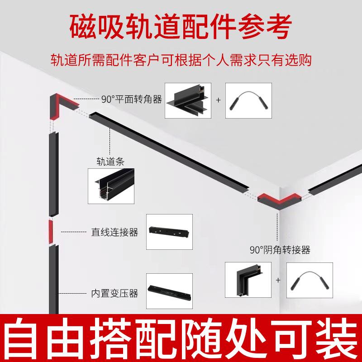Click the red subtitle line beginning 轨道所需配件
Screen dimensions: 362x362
tap(181, 60)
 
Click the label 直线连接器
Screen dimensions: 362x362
tap(114, 233)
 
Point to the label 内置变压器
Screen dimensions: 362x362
tap(114, 293)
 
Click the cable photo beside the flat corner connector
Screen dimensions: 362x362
tap(248, 100)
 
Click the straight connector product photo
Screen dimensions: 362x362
tap(169, 232)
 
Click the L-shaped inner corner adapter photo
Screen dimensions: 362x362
tap(248, 281)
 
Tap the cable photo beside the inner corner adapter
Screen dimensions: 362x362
tap(310, 281)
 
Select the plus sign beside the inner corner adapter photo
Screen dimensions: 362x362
tap(278, 281)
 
